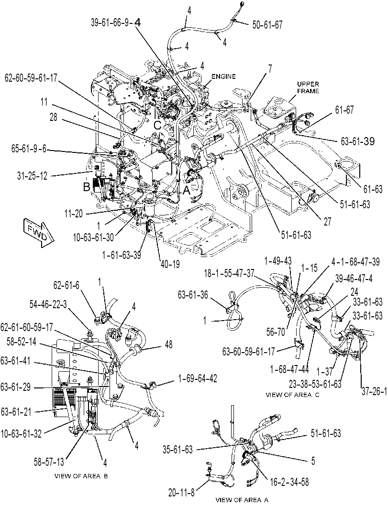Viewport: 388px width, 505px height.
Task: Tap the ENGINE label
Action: [223, 76]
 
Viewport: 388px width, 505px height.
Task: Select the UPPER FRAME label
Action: [308, 87]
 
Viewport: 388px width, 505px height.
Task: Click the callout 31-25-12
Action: [32, 176]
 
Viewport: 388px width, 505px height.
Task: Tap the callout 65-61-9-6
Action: [29, 149]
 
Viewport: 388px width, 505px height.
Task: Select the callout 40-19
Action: [169, 264]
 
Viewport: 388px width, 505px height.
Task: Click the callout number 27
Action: [327, 222]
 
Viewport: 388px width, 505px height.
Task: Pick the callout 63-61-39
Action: [358, 141]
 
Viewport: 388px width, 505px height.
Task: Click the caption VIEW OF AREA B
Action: [81, 476]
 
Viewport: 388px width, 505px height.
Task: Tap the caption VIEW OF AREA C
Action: [292, 395]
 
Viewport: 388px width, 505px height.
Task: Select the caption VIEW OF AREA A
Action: [242, 500]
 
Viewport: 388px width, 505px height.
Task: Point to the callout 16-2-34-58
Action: [289, 482]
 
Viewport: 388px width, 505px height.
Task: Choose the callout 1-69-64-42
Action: [197, 378]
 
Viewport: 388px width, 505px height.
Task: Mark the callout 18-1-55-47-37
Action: [229, 273]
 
